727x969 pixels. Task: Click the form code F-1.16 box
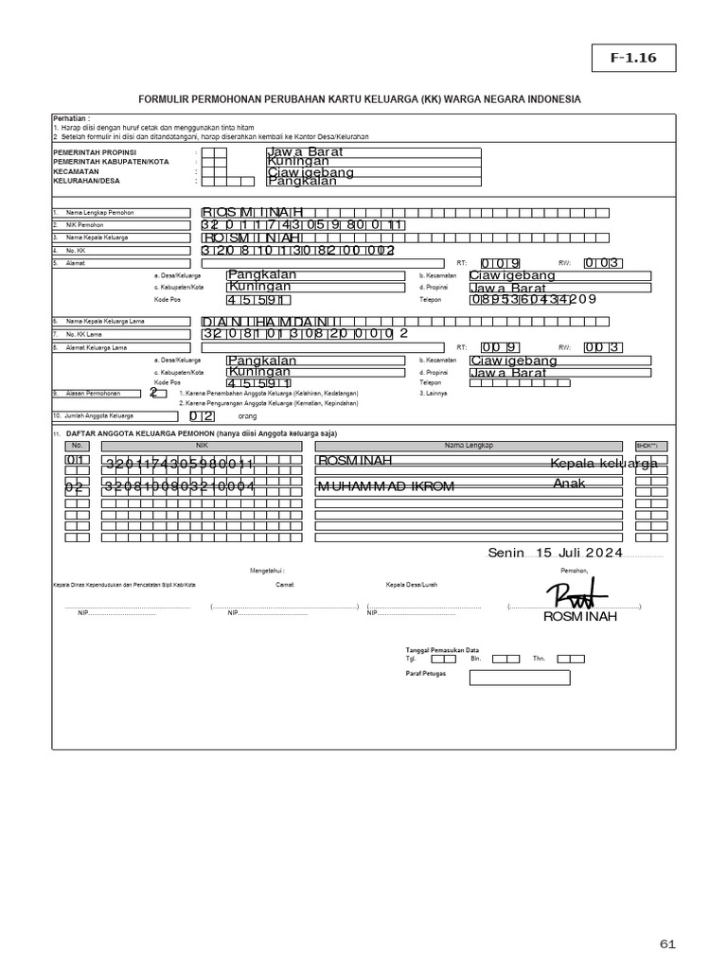(624, 59)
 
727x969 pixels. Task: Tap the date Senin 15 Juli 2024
(556, 554)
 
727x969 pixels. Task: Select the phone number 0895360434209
(533, 300)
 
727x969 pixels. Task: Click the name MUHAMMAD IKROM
(385, 486)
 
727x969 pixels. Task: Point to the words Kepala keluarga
(604, 463)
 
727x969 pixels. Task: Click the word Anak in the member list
(571, 484)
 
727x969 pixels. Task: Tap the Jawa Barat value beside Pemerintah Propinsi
(305, 151)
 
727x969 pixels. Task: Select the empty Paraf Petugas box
(519, 677)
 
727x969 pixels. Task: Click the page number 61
(668, 944)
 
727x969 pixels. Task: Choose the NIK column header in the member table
(201, 445)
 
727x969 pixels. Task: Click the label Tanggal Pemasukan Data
(442, 650)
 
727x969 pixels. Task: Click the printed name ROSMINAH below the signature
(579, 617)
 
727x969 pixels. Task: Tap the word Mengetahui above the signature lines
(267, 572)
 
